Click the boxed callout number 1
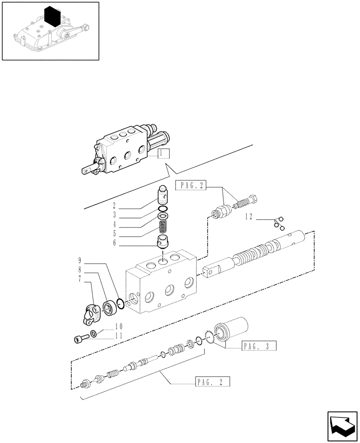click(163, 153)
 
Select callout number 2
click(114, 205)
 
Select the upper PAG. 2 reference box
click(191, 186)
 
